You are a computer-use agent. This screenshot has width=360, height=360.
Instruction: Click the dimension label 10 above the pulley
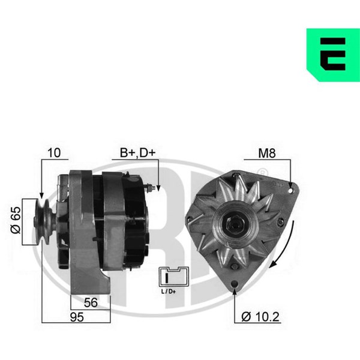(x=54, y=152)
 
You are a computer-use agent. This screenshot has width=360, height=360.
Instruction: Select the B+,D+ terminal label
(x=138, y=152)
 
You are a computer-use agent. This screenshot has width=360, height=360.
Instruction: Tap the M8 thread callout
(x=267, y=153)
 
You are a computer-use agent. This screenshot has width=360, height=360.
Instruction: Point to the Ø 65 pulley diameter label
(x=16, y=220)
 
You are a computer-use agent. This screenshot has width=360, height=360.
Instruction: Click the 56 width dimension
(x=91, y=302)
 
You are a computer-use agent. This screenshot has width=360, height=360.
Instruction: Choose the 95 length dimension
(x=77, y=317)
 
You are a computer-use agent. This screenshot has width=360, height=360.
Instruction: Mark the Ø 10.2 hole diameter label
(x=260, y=317)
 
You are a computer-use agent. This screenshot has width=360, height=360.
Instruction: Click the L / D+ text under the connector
(x=169, y=292)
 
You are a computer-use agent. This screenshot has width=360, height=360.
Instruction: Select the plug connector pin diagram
(x=174, y=277)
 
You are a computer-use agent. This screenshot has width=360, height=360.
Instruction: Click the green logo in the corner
(x=333, y=55)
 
